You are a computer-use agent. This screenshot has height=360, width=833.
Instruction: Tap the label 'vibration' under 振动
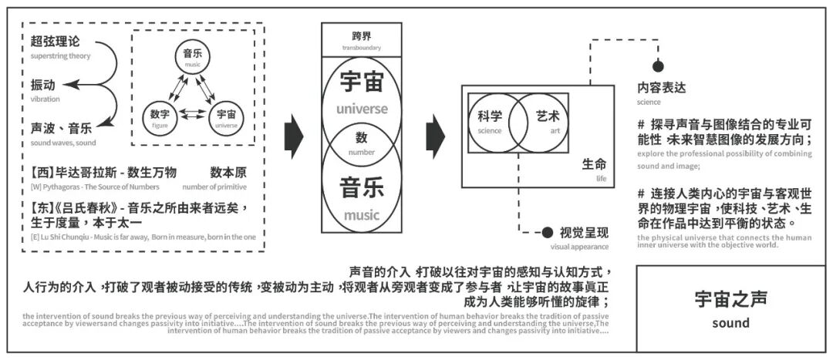pyautogui.click(x=45, y=99)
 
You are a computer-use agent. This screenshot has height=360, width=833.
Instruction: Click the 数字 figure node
pyautogui.click(x=160, y=116)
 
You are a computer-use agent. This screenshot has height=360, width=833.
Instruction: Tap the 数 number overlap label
pyautogui.click(x=361, y=141)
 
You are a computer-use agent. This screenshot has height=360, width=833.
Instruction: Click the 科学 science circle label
pyautogui.click(x=490, y=119)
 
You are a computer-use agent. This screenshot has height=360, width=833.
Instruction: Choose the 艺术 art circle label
pyautogui.click(x=548, y=119)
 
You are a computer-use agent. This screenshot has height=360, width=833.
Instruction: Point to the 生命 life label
pyautogui.click(x=595, y=165)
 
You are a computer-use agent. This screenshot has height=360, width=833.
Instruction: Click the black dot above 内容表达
pyautogui.click(x=658, y=67)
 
